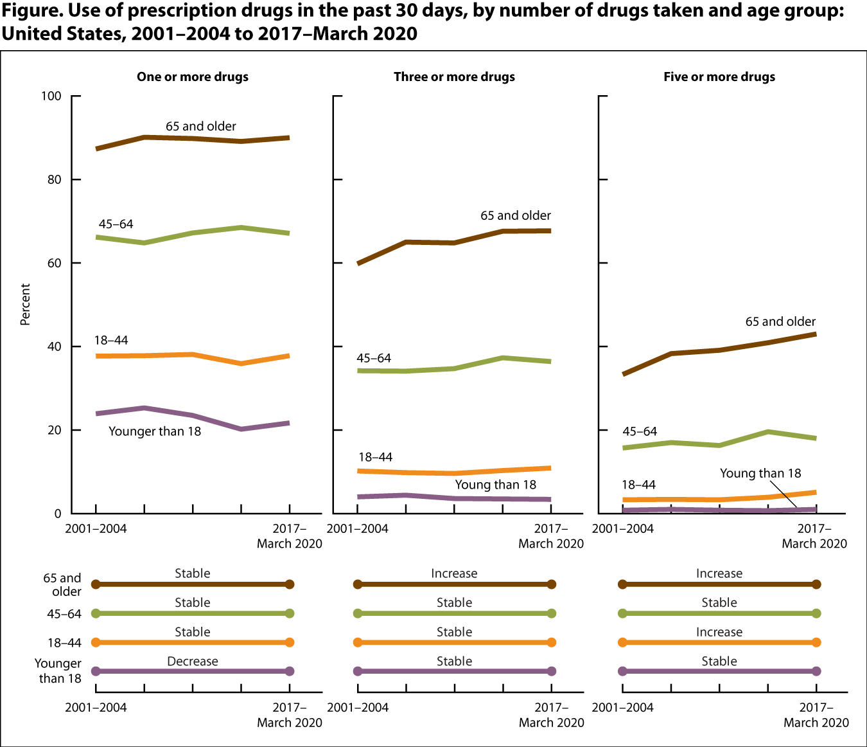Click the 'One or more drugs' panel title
193,77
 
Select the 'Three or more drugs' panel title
454,77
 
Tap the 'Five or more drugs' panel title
719,77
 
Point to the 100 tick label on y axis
51,96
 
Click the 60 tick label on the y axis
54,263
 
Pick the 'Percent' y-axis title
26,304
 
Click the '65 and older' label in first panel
201,127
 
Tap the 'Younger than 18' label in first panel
155,431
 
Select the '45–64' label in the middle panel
374,359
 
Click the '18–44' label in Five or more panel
638,485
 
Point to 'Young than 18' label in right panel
760,474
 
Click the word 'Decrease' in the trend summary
193,661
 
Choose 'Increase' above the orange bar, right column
719,633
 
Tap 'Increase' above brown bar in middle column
454,573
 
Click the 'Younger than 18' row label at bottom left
58,671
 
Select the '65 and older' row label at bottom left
62,584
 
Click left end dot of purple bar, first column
96,671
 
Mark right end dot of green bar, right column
816,613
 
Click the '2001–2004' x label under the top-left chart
96,529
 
